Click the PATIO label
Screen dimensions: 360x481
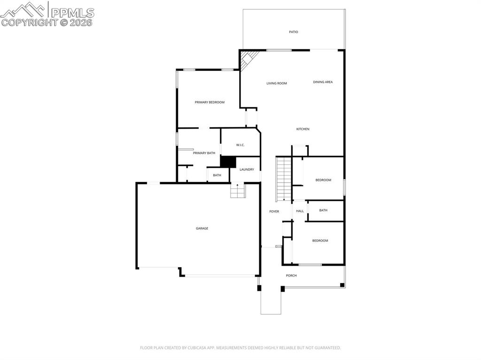pyautogui.click(x=293, y=32)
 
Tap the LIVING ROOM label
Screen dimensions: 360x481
pyautogui.click(x=276, y=84)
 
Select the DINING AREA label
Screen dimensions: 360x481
pyautogui.click(x=323, y=82)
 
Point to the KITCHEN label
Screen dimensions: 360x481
pyautogui.click(x=303, y=129)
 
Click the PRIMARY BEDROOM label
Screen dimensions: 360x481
pyautogui.click(x=209, y=102)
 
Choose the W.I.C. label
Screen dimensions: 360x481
pyautogui.click(x=240, y=145)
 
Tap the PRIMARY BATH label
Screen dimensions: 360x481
pyautogui.click(x=204, y=153)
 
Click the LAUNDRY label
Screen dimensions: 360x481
pyautogui.click(x=247, y=169)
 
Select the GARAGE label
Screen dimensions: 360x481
pyautogui.click(x=202, y=229)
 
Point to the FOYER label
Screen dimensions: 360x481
pyautogui.click(x=274, y=212)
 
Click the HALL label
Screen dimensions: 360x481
pyautogui.click(x=300, y=211)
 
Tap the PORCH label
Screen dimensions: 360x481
pyautogui.click(x=291, y=276)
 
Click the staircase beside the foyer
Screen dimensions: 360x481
pyautogui.click(x=284, y=179)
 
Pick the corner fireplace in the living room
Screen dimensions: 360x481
pyautogui.click(x=248, y=59)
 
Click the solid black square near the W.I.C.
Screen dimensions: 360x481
pyautogui.click(x=228, y=161)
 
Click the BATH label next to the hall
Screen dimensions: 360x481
pyautogui.click(x=323, y=210)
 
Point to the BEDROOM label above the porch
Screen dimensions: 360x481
pyautogui.click(x=320, y=241)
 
